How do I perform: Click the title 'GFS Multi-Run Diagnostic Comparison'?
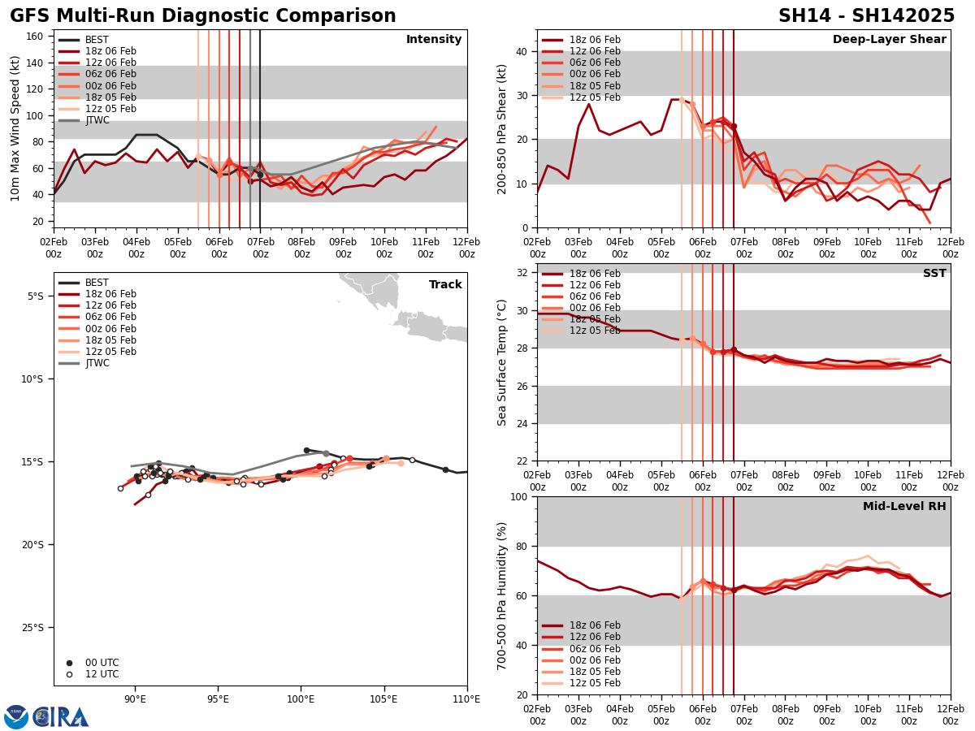[203, 16]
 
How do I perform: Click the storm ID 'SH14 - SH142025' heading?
[866, 16]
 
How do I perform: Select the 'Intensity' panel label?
[434, 40]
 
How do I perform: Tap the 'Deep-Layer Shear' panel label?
[889, 40]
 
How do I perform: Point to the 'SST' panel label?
[934, 274]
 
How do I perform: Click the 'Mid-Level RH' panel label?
[904, 507]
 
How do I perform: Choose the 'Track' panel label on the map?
[445, 285]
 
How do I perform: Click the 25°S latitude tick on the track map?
[36, 628]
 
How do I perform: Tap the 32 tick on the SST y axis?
[522, 273]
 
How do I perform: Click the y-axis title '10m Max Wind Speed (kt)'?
[15, 128]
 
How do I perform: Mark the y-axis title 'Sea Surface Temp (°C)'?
[502, 362]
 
